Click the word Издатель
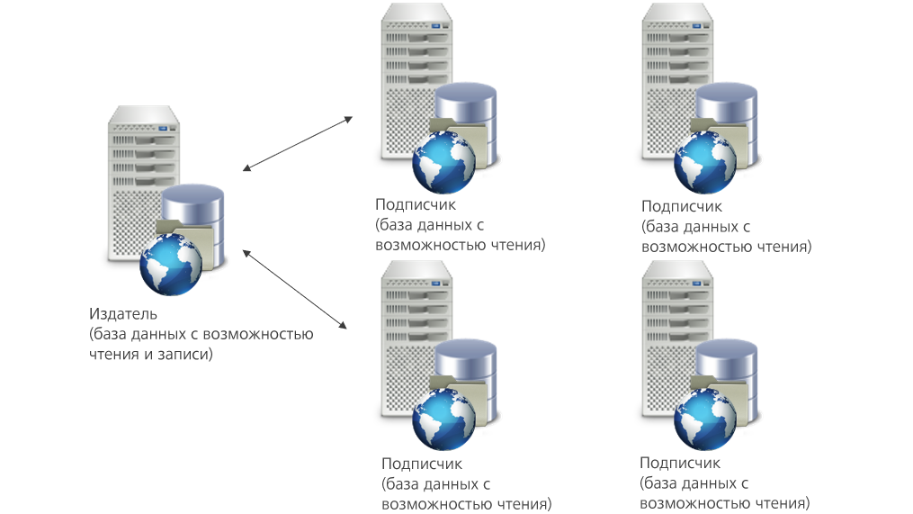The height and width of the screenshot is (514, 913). tap(123, 314)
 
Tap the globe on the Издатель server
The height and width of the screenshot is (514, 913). tap(171, 265)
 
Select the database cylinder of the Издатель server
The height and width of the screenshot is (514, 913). tap(193, 224)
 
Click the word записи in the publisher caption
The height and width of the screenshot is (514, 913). tap(183, 354)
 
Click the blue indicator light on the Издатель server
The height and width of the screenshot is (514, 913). tap(163, 128)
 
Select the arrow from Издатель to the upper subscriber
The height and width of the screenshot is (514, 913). tap(298, 143)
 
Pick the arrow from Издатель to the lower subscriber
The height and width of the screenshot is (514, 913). tap(295, 289)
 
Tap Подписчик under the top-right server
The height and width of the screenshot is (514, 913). tap(681, 206)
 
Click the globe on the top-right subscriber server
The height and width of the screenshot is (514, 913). tap(705, 163)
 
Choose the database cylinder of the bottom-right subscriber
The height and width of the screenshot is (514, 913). tap(727, 379)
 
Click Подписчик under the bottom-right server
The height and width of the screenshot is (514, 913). tap(679, 463)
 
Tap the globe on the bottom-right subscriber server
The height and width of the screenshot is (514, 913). tap(705, 419)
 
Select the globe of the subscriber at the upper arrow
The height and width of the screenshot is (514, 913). tap(443, 163)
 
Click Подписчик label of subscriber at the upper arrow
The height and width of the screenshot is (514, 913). tap(416, 204)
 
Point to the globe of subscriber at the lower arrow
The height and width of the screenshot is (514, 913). tap(443, 419)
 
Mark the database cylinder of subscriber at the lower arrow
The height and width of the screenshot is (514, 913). tap(466, 379)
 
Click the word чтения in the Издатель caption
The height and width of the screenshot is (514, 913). tap(113, 354)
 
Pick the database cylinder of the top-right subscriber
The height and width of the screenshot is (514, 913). tap(727, 123)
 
